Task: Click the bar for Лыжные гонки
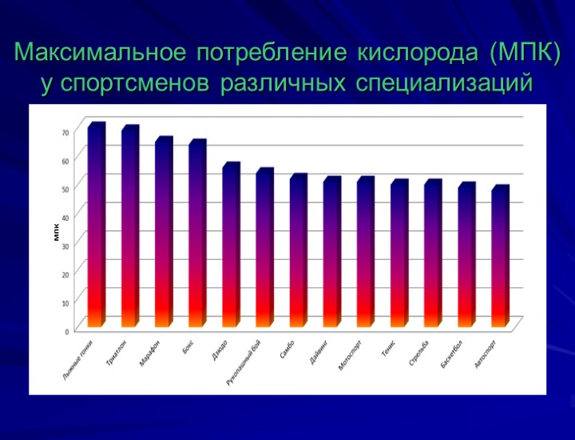pos(96,228)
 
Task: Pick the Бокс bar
pos(196,236)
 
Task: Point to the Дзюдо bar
pos(230,248)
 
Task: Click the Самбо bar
pos(297,254)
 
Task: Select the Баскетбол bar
pos(466,258)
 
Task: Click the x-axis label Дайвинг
pos(320,350)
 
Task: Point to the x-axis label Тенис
pos(389,348)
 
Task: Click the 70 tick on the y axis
pos(66,131)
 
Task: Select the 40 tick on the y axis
pos(66,216)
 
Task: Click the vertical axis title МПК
pos(57,233)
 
